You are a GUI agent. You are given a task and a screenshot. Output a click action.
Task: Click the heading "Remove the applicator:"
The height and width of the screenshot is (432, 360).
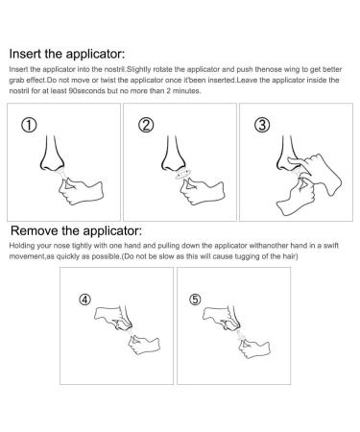pos(77,232)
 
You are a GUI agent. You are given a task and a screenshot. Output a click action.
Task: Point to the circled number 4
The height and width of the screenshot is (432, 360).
pos(86,298)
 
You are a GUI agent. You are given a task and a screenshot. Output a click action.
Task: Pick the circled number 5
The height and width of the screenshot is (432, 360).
pos(197,298)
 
